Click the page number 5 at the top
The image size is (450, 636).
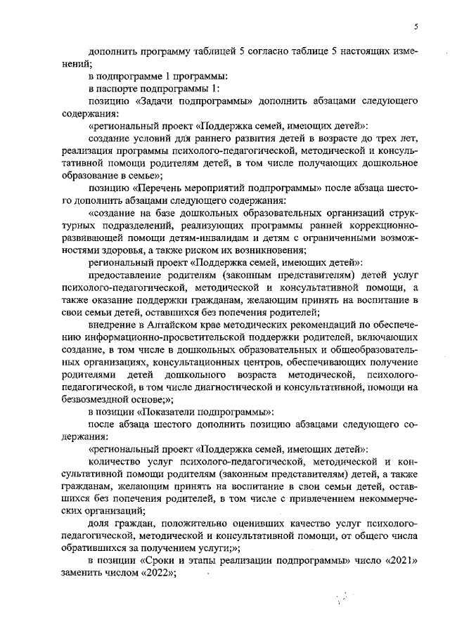coord(416,27)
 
